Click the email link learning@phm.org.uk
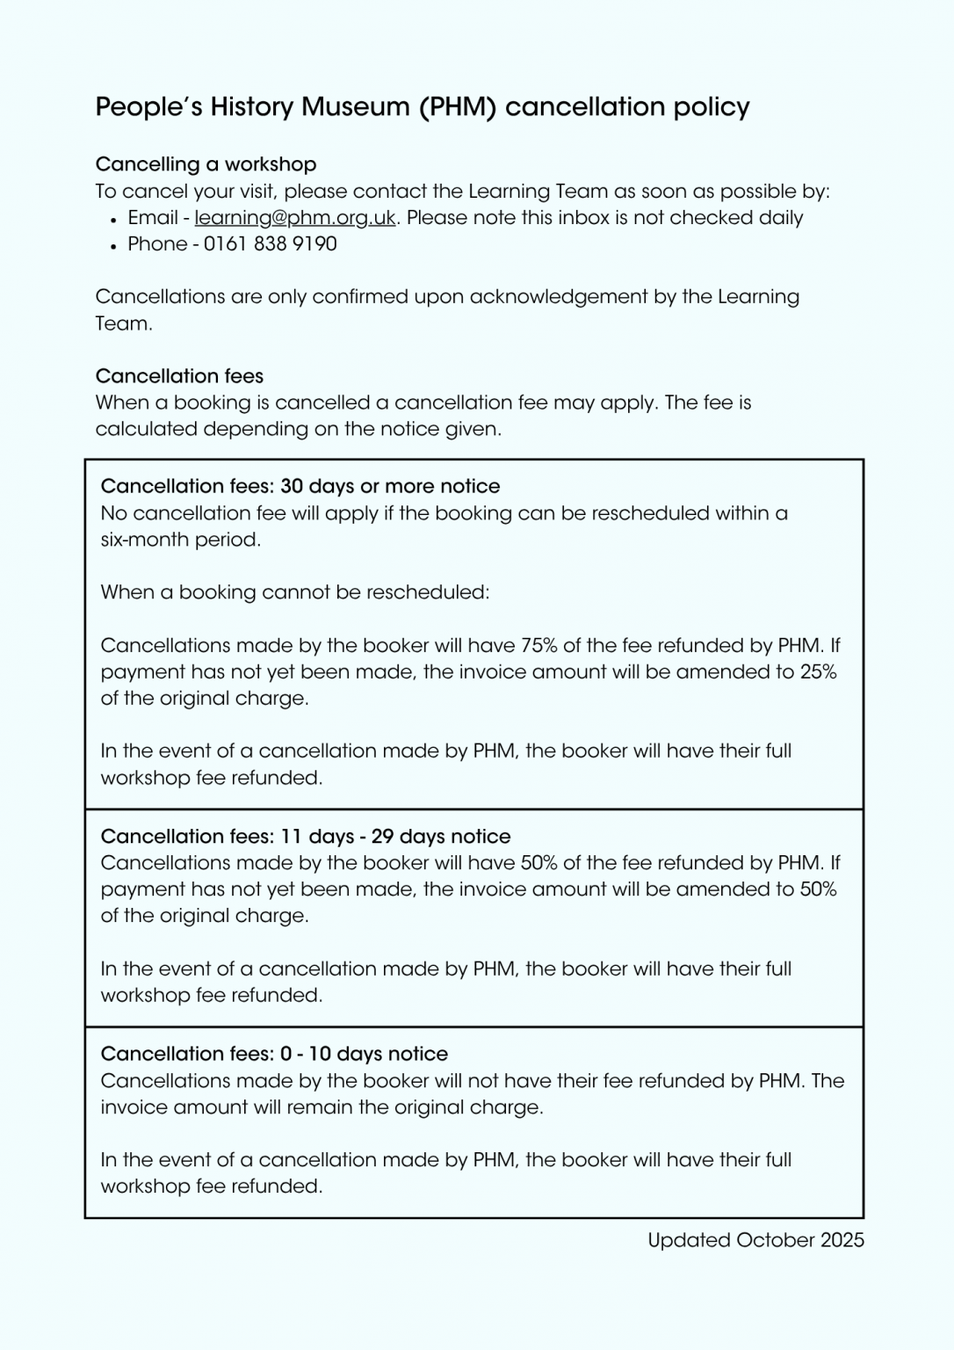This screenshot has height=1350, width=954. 295,218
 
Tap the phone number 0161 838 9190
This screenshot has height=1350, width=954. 271,244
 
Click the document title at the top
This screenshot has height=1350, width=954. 423,107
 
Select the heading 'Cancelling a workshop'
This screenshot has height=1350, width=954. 206,164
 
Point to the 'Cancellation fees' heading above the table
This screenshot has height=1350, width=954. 179,376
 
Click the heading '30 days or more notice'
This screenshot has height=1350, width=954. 300,487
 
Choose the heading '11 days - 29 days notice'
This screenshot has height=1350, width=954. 306,836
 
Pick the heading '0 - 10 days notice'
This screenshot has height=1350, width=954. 274,1054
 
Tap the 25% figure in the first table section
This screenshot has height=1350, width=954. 818,672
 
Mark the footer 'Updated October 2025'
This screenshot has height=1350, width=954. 755,1240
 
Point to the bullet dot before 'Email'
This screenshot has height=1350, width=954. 114,220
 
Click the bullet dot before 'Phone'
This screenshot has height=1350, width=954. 114,246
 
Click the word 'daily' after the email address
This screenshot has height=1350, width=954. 779,218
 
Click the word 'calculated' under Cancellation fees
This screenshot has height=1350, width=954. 146,430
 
